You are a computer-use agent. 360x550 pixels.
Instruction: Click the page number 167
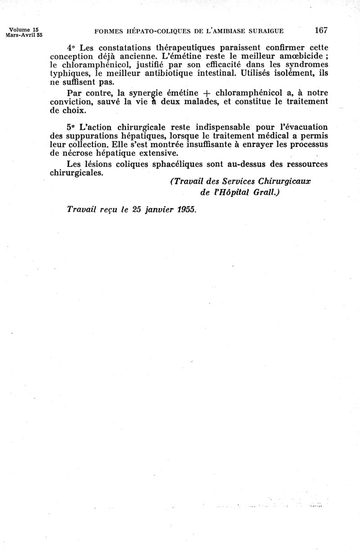[321, 31]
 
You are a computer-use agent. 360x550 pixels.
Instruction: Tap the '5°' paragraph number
[71, 127]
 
